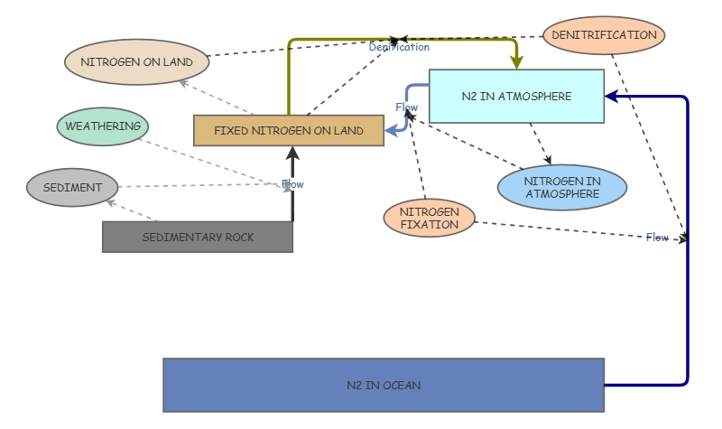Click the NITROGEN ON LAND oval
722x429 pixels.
pyautogui.click(x=136, y=62)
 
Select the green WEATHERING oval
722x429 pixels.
pyautogui.click(x=102, y=126)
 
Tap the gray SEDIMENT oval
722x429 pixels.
pyautogui.click(x=72, y=188)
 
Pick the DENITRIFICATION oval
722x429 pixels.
pyautogui.click(x=604, y=35)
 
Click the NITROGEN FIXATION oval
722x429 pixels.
pyautogui.click(x=429, y=219)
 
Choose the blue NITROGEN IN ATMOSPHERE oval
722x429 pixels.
pyautogui.click(x=561, y=187)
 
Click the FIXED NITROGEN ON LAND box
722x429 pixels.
pyautogui.click(x=289, y=131)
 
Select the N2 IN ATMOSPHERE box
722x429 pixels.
pyautogui.click(x=516, y=96)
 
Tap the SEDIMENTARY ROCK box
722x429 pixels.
pyautogui.click(x=198, y=237)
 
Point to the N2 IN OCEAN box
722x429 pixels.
pyautogui.click(x=384, y=385)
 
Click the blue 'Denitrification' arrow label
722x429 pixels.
pyautogui.click(x=399, y=47)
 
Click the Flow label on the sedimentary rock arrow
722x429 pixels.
pyautogui.click(x=292, y=184)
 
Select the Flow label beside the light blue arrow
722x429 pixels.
pyautogui.click(x=406, y=107)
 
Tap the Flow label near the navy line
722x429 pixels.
pyautogui.click(x=657, y=238)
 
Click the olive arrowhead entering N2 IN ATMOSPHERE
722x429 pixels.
pyautogui.click(x=516, y=62)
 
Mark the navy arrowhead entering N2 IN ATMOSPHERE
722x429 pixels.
pyautogui.click(x=611, y=96)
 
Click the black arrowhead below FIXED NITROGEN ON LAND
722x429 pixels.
pyautogui.click(x=292, y=153)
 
